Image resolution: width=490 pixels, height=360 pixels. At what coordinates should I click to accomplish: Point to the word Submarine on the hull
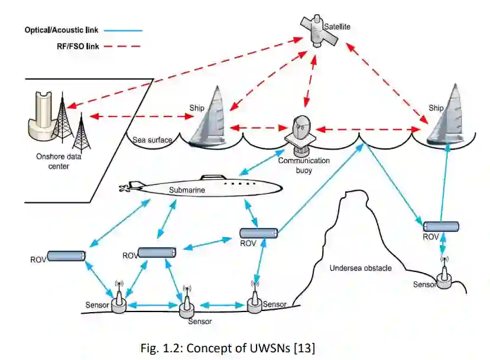187,190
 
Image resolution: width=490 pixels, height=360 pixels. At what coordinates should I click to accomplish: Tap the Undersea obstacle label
360,268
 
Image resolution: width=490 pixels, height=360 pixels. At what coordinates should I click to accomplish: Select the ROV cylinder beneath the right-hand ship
442,226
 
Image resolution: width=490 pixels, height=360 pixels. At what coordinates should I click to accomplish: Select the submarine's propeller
124,189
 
